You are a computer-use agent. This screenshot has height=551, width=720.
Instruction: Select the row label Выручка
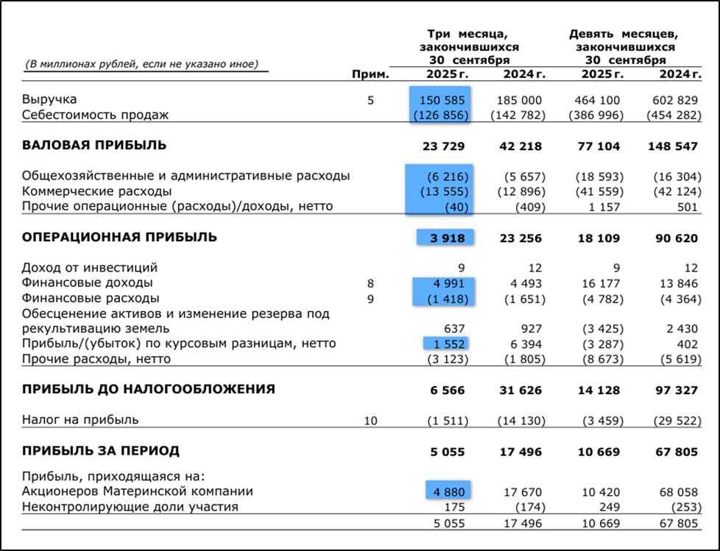point(49,99)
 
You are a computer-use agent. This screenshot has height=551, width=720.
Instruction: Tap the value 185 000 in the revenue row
point(522,100)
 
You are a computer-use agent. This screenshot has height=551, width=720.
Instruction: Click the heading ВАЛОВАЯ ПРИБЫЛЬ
point(94,146)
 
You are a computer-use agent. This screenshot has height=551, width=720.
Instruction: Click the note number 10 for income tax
point(370,420)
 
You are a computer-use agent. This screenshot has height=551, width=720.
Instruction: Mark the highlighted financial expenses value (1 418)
point(445,299)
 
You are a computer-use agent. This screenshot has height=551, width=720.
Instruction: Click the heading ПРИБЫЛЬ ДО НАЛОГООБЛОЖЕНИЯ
point(149,389)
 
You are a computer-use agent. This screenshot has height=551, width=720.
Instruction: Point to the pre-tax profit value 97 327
point(675,390)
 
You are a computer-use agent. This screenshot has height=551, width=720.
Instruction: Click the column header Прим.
point(370,74)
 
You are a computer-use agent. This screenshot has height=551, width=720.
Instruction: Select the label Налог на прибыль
point(80,420)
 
